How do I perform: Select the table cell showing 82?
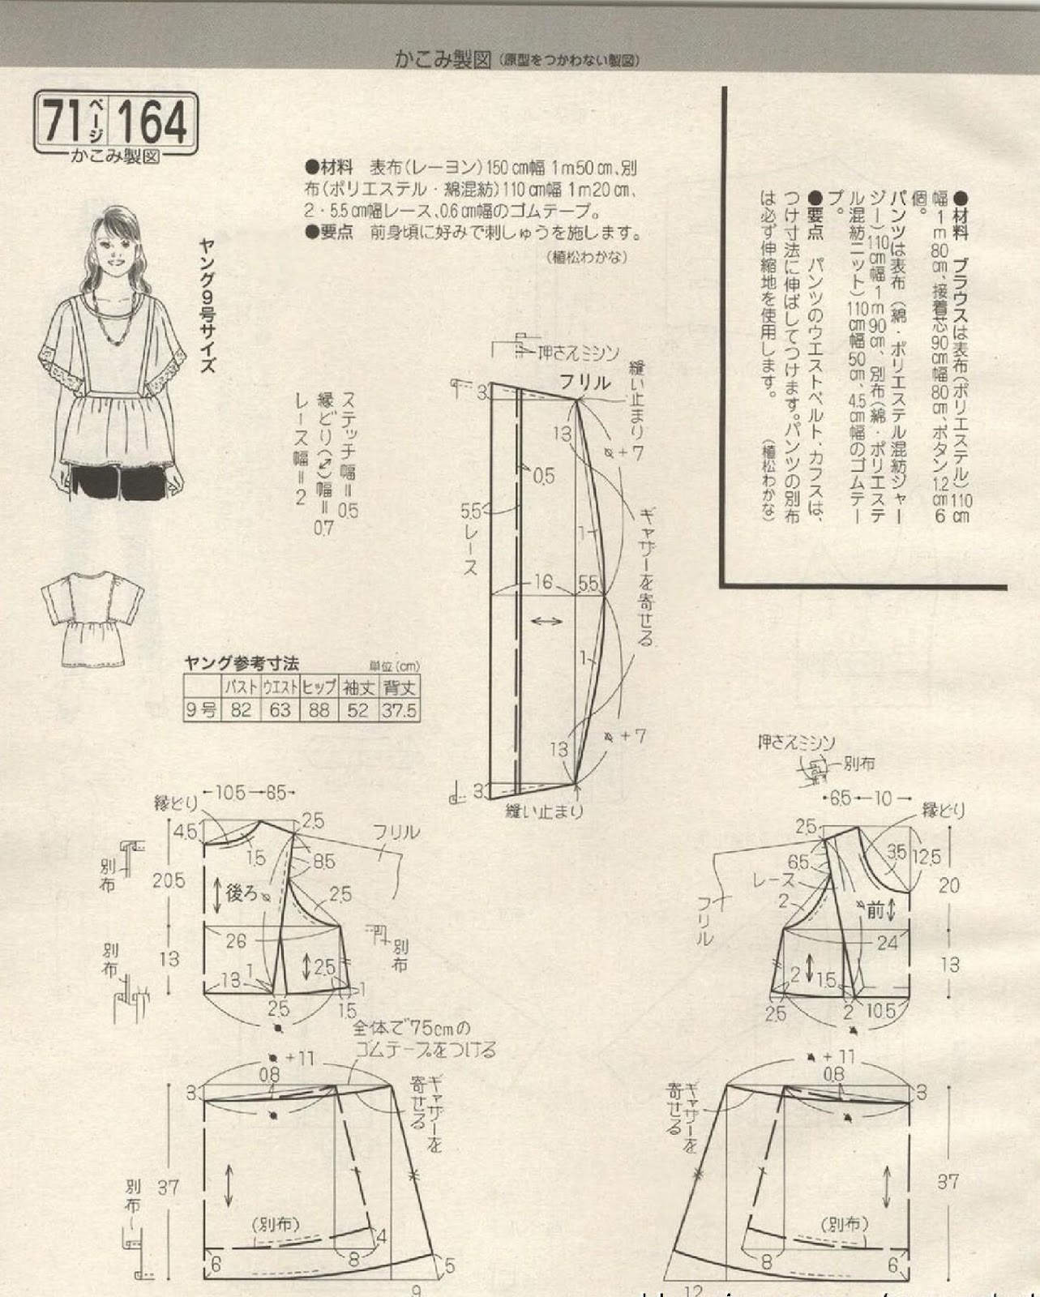(x=240, y=711)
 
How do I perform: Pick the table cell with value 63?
(x=280, y=711)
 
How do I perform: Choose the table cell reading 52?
(x=358, y=711)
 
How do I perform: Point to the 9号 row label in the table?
(x=200, y=711)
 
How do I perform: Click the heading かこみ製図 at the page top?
(x=442, y=59)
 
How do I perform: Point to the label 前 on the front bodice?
(x=874, y=910)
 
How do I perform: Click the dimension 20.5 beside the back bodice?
(x=169, y=880)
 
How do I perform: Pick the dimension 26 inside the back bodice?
(x=236, y=941)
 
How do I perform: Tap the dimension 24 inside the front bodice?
(x=888, y=943)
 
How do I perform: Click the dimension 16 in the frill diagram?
(x=542, y=583)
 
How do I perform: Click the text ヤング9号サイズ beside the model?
(x=208, y=304)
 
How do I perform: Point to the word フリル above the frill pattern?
(x=584, y=383)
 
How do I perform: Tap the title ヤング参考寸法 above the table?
(x=242, y=663)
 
